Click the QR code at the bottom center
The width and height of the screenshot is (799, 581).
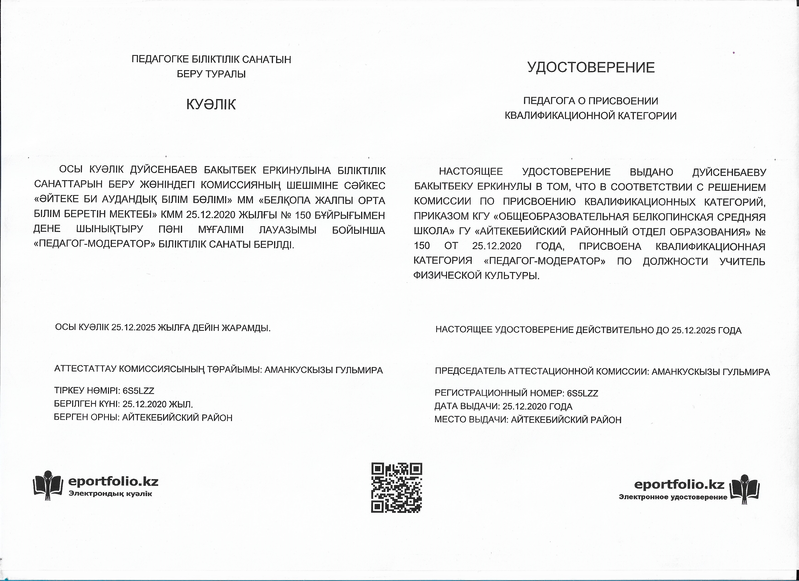pos(396,488)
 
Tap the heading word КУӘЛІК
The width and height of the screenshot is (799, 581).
pos(211,105)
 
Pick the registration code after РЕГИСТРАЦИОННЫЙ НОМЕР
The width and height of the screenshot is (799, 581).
pos(582,393)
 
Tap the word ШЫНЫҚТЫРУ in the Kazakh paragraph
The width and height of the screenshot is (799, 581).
pos(110,229)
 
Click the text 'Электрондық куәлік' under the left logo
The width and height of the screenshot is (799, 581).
pos(110,494)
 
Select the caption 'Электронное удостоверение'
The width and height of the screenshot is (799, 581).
pos(673,497)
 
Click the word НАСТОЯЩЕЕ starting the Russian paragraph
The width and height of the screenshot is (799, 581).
pos(471,172)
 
